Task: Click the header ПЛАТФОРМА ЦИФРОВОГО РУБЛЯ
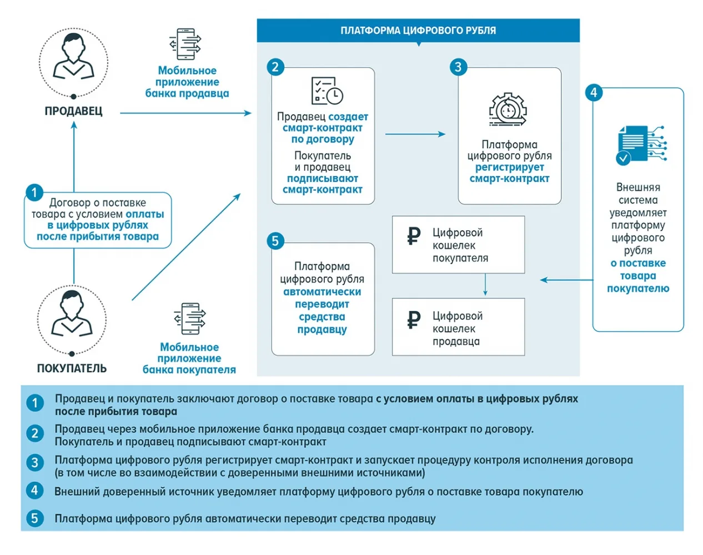tap(418, 31)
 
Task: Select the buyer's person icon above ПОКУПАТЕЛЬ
tap(72, 314)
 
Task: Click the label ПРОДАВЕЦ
tap(73, 111)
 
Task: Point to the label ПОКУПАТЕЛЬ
tap(72, 369)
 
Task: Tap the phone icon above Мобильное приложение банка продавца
tap(185, 44)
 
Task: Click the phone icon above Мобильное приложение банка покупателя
tap(190, 319)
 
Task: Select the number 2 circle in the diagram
tap(275, 67)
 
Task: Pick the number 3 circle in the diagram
tap(458, 67)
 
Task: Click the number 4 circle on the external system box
tap(594, 93)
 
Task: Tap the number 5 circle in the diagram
tap(275, 241)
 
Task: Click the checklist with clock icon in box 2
tap(327, 91)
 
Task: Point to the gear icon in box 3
tap(508, 109)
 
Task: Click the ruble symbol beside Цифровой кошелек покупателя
tap(414, 236)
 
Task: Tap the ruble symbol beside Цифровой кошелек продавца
tap(414, 319)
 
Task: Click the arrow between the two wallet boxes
tap(485, 285)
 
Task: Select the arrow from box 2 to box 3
tap(415, 134)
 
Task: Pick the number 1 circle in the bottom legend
tap(35, 403)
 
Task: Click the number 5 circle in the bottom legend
tap(35, 518)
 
